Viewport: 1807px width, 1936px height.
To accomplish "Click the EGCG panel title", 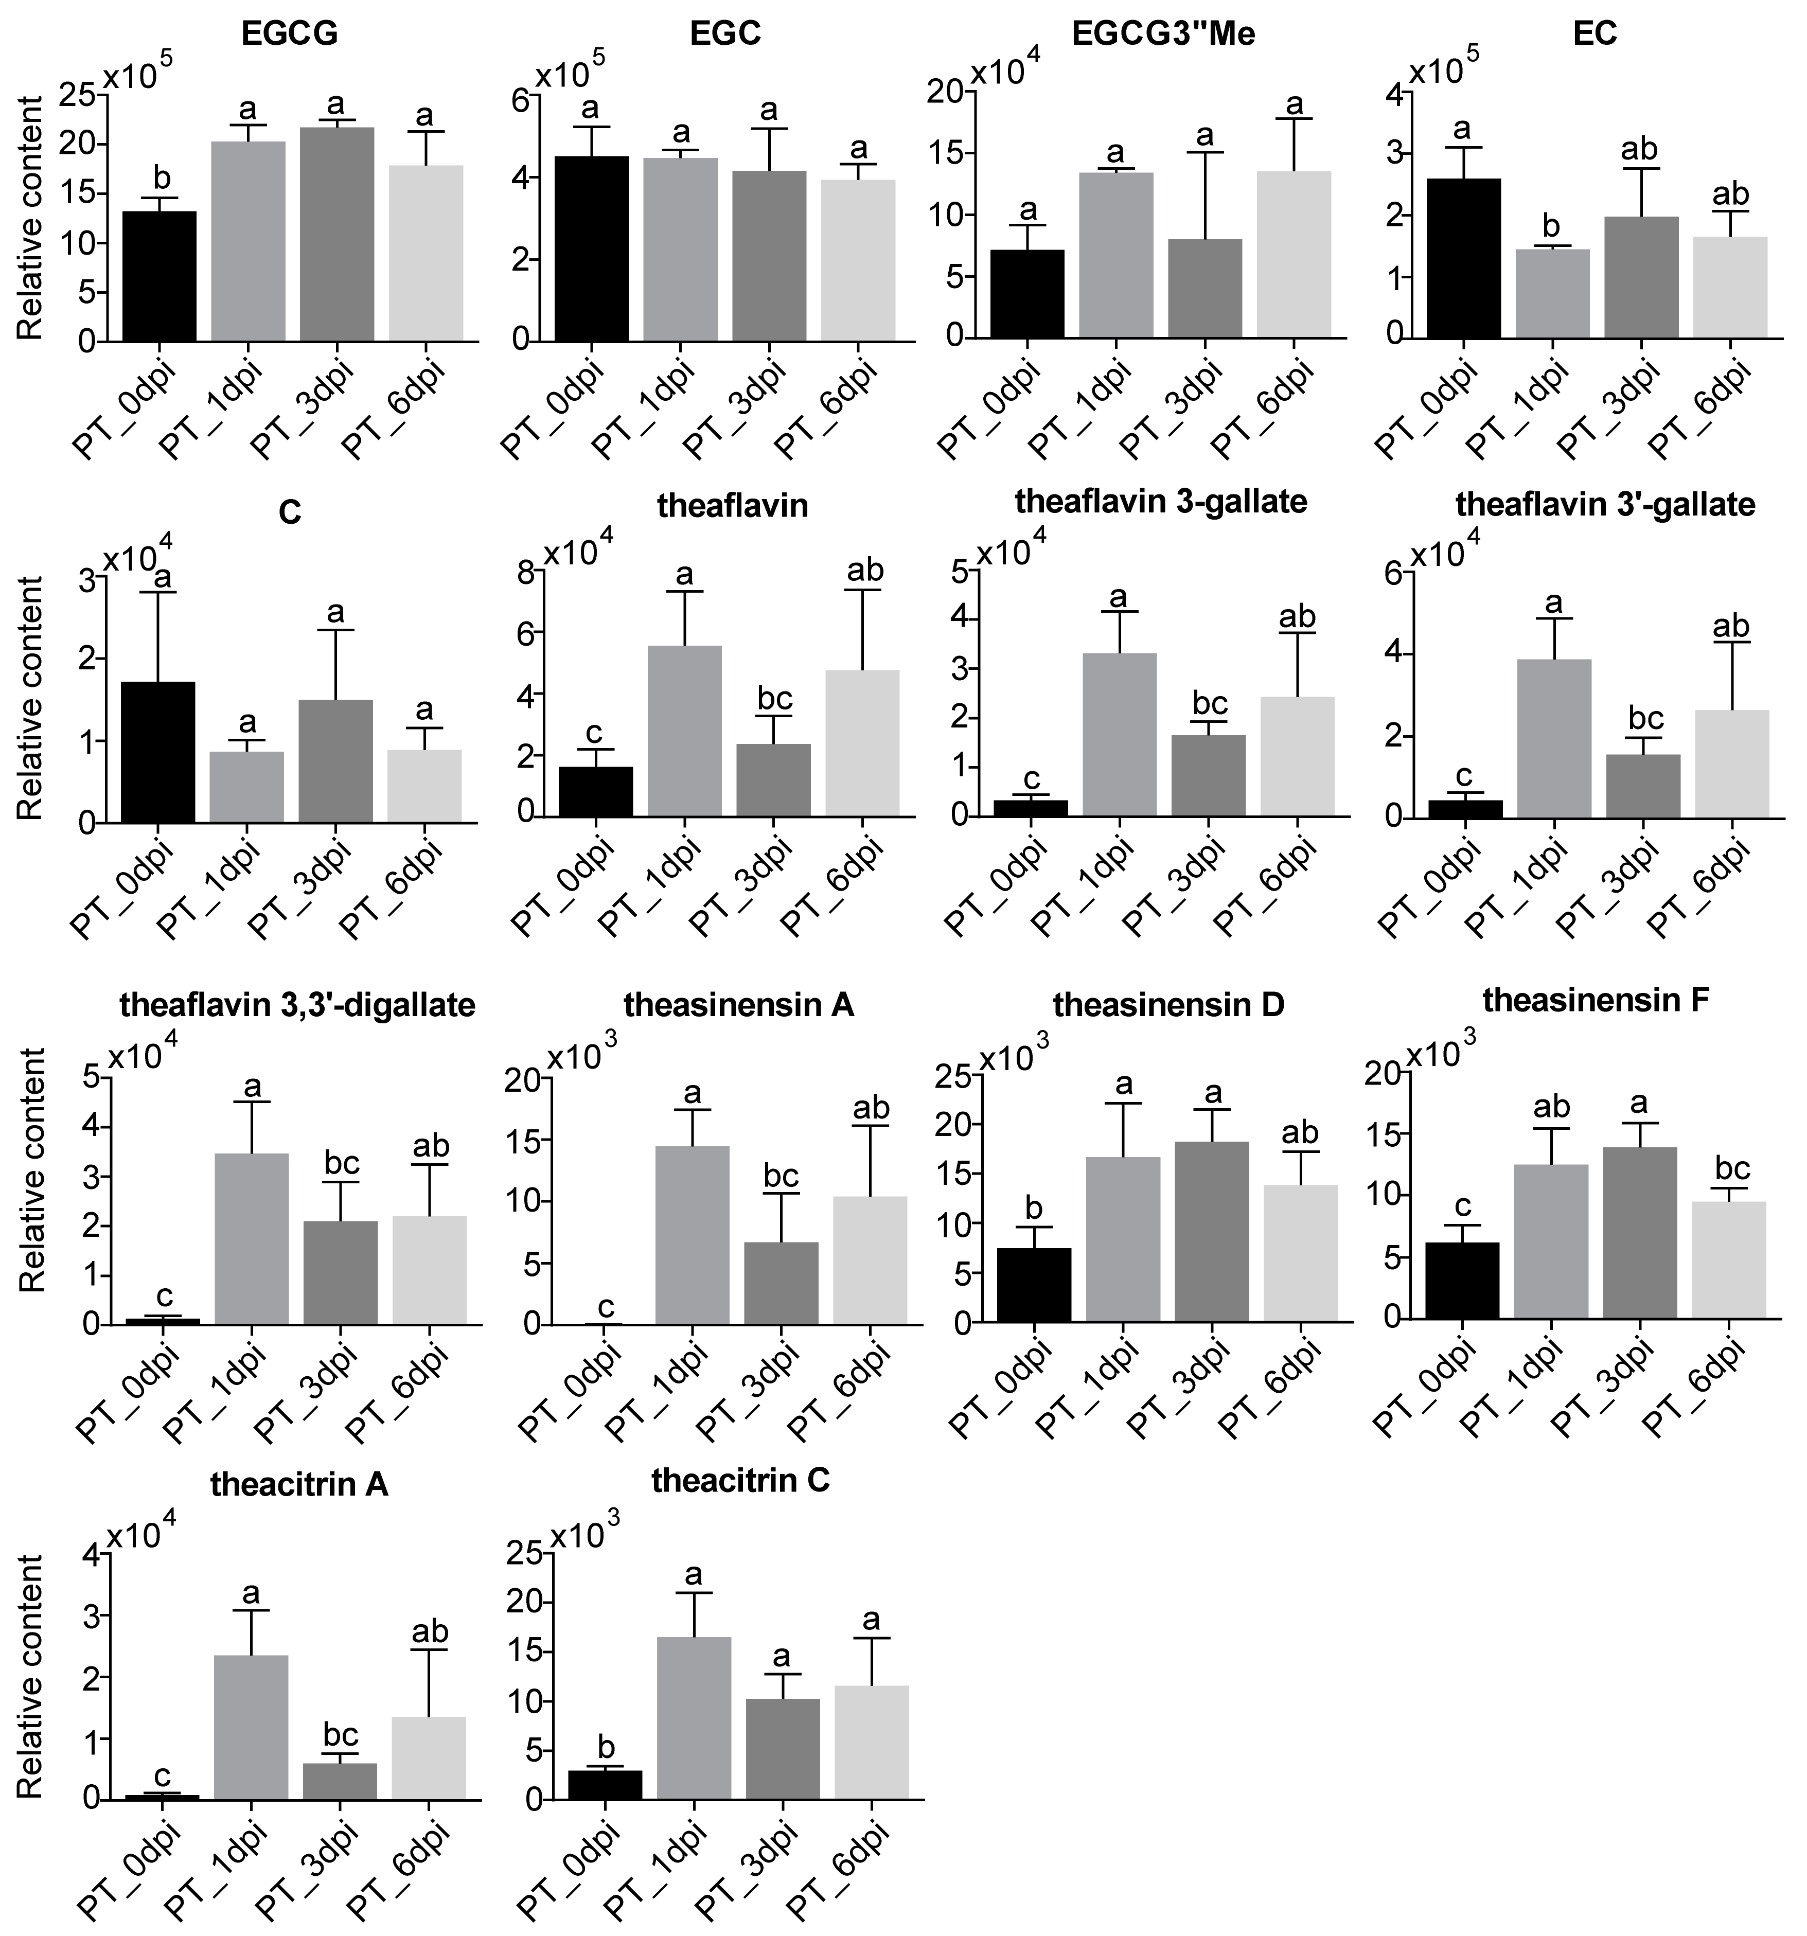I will coord(289,34).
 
